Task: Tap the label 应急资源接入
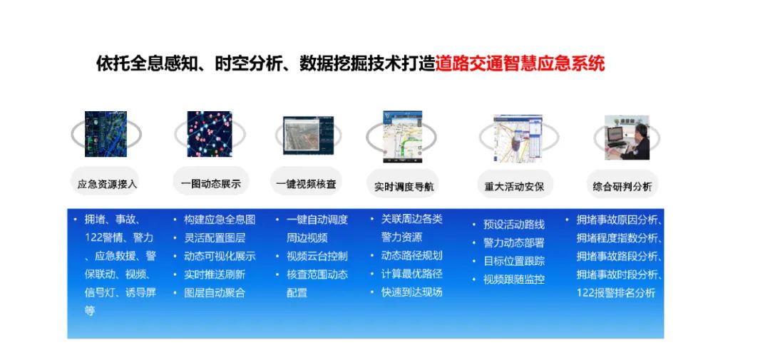click(x=108, y=184)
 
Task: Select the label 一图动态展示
click(x=211, y=184)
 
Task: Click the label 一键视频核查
click(x=306, y=184)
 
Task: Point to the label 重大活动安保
click(x=514, y=187)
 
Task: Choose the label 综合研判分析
click(x=622, y=187)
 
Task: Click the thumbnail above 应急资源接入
click(x=106, y=133)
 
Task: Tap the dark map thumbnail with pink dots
click(x=210, y=133)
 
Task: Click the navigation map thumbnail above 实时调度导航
click(x=403, y=137)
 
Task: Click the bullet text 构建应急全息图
click(x=220, y=220)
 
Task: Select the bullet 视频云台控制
click(x=317, y=256)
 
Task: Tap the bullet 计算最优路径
click(x=411, y=274)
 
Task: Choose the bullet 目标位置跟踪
click(x=514, y=261)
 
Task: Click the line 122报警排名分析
click(x=615, y=293)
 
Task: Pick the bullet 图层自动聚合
click(x=214, y=292)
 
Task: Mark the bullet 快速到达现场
click(x=411, y=292)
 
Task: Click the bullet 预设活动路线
click(x=514, y=225)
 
